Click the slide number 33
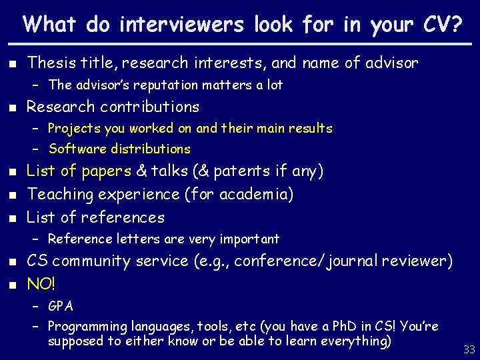469,348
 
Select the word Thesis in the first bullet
48,63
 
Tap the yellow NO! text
41,283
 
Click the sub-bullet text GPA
61,307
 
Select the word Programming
87,327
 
